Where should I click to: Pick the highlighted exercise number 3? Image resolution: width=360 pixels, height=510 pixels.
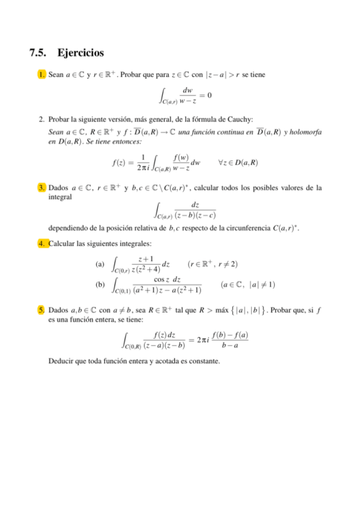tap(41, 188)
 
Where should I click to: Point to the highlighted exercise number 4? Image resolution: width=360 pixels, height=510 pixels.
tap(41, 244)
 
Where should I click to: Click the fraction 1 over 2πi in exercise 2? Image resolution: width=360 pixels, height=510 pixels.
tap(141, 162)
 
